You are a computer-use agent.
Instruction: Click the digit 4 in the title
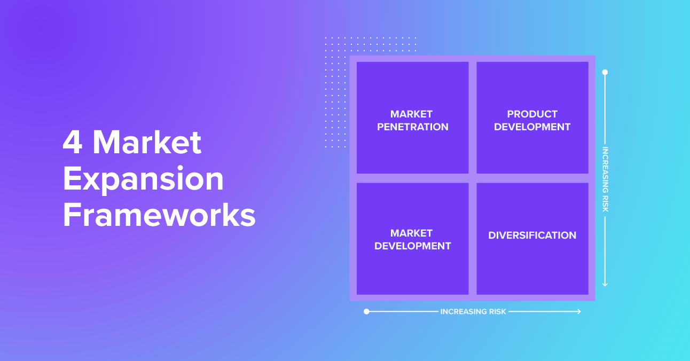(73, 142)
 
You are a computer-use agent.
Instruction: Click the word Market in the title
(147, 142)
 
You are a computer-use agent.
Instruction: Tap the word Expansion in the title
(143, 179)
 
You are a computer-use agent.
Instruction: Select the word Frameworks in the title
(159, 215)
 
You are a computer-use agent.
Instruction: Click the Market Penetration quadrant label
(412, 121)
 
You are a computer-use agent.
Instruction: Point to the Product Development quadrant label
(532, 121)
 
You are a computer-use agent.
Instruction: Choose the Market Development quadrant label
(412, 240)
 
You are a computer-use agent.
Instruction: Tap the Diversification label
(532, 236)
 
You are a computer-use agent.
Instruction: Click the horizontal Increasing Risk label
(473, 312)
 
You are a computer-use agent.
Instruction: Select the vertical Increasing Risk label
(605, 179)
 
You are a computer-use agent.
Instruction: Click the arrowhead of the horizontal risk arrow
(579, 312)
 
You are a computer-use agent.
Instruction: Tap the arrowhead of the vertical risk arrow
(605, 285)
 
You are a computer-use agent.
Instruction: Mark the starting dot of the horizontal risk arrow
(366, 312)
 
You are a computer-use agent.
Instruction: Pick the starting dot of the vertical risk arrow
(605, 73)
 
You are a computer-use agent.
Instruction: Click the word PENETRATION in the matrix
(412, 127)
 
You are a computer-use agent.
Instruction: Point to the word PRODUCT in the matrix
(532, 114)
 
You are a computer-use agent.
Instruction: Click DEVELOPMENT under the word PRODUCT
(532, 127)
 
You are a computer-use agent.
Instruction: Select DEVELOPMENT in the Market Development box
(412, 246)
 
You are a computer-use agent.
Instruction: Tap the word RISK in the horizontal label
(498, 312)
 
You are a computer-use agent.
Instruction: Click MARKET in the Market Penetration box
(411, 114)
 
